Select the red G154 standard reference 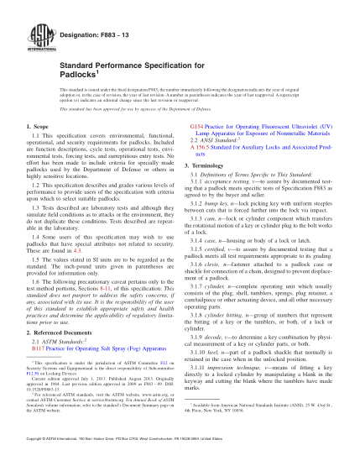[197, 123]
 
